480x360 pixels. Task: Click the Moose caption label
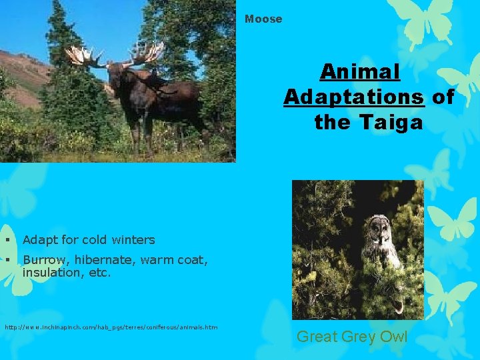point(263,19)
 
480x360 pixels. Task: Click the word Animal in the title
point(359,71)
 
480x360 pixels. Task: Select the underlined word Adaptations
point(354,97)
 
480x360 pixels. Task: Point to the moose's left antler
point(85,57)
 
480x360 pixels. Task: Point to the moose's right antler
point(147,53)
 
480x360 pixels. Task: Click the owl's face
point(380,230)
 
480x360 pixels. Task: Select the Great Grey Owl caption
point(351,337)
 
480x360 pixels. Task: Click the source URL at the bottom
point(111,327)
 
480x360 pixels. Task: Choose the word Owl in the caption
point(392,337)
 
